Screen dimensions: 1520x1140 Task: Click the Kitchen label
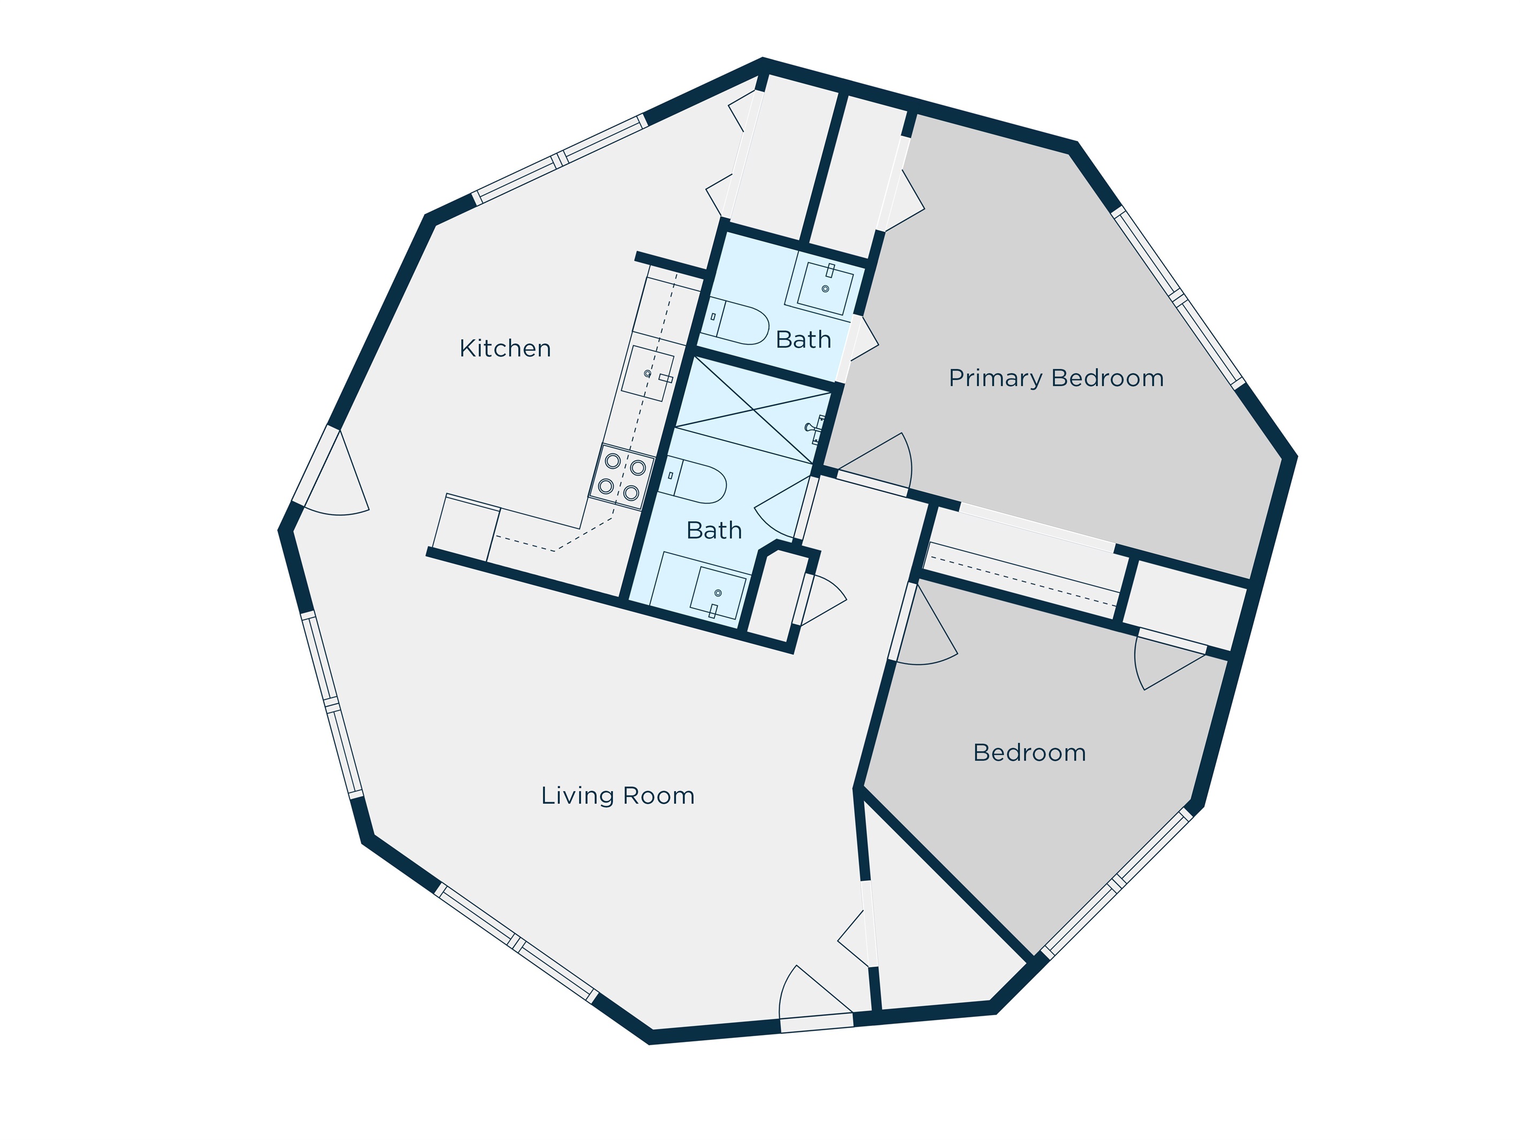(505, 348)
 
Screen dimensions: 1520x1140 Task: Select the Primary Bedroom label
(1056, 378)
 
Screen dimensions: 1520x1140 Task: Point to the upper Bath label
(803, 339)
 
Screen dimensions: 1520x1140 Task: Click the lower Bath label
(714, 530)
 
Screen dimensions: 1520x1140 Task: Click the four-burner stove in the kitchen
(622, 477)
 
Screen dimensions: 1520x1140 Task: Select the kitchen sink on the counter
(647, 373)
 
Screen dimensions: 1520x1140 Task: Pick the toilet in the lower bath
(692, 479)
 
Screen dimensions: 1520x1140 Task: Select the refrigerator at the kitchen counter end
(466, 528)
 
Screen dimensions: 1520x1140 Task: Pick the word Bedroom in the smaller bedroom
(1029, 753)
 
